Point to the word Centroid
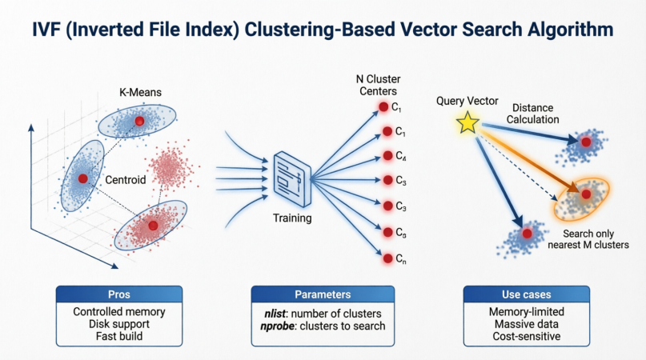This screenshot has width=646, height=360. tap(126, 181)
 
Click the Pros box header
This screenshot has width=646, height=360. tap(119, 294)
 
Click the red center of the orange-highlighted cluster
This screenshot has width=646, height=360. tap(586, 194)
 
